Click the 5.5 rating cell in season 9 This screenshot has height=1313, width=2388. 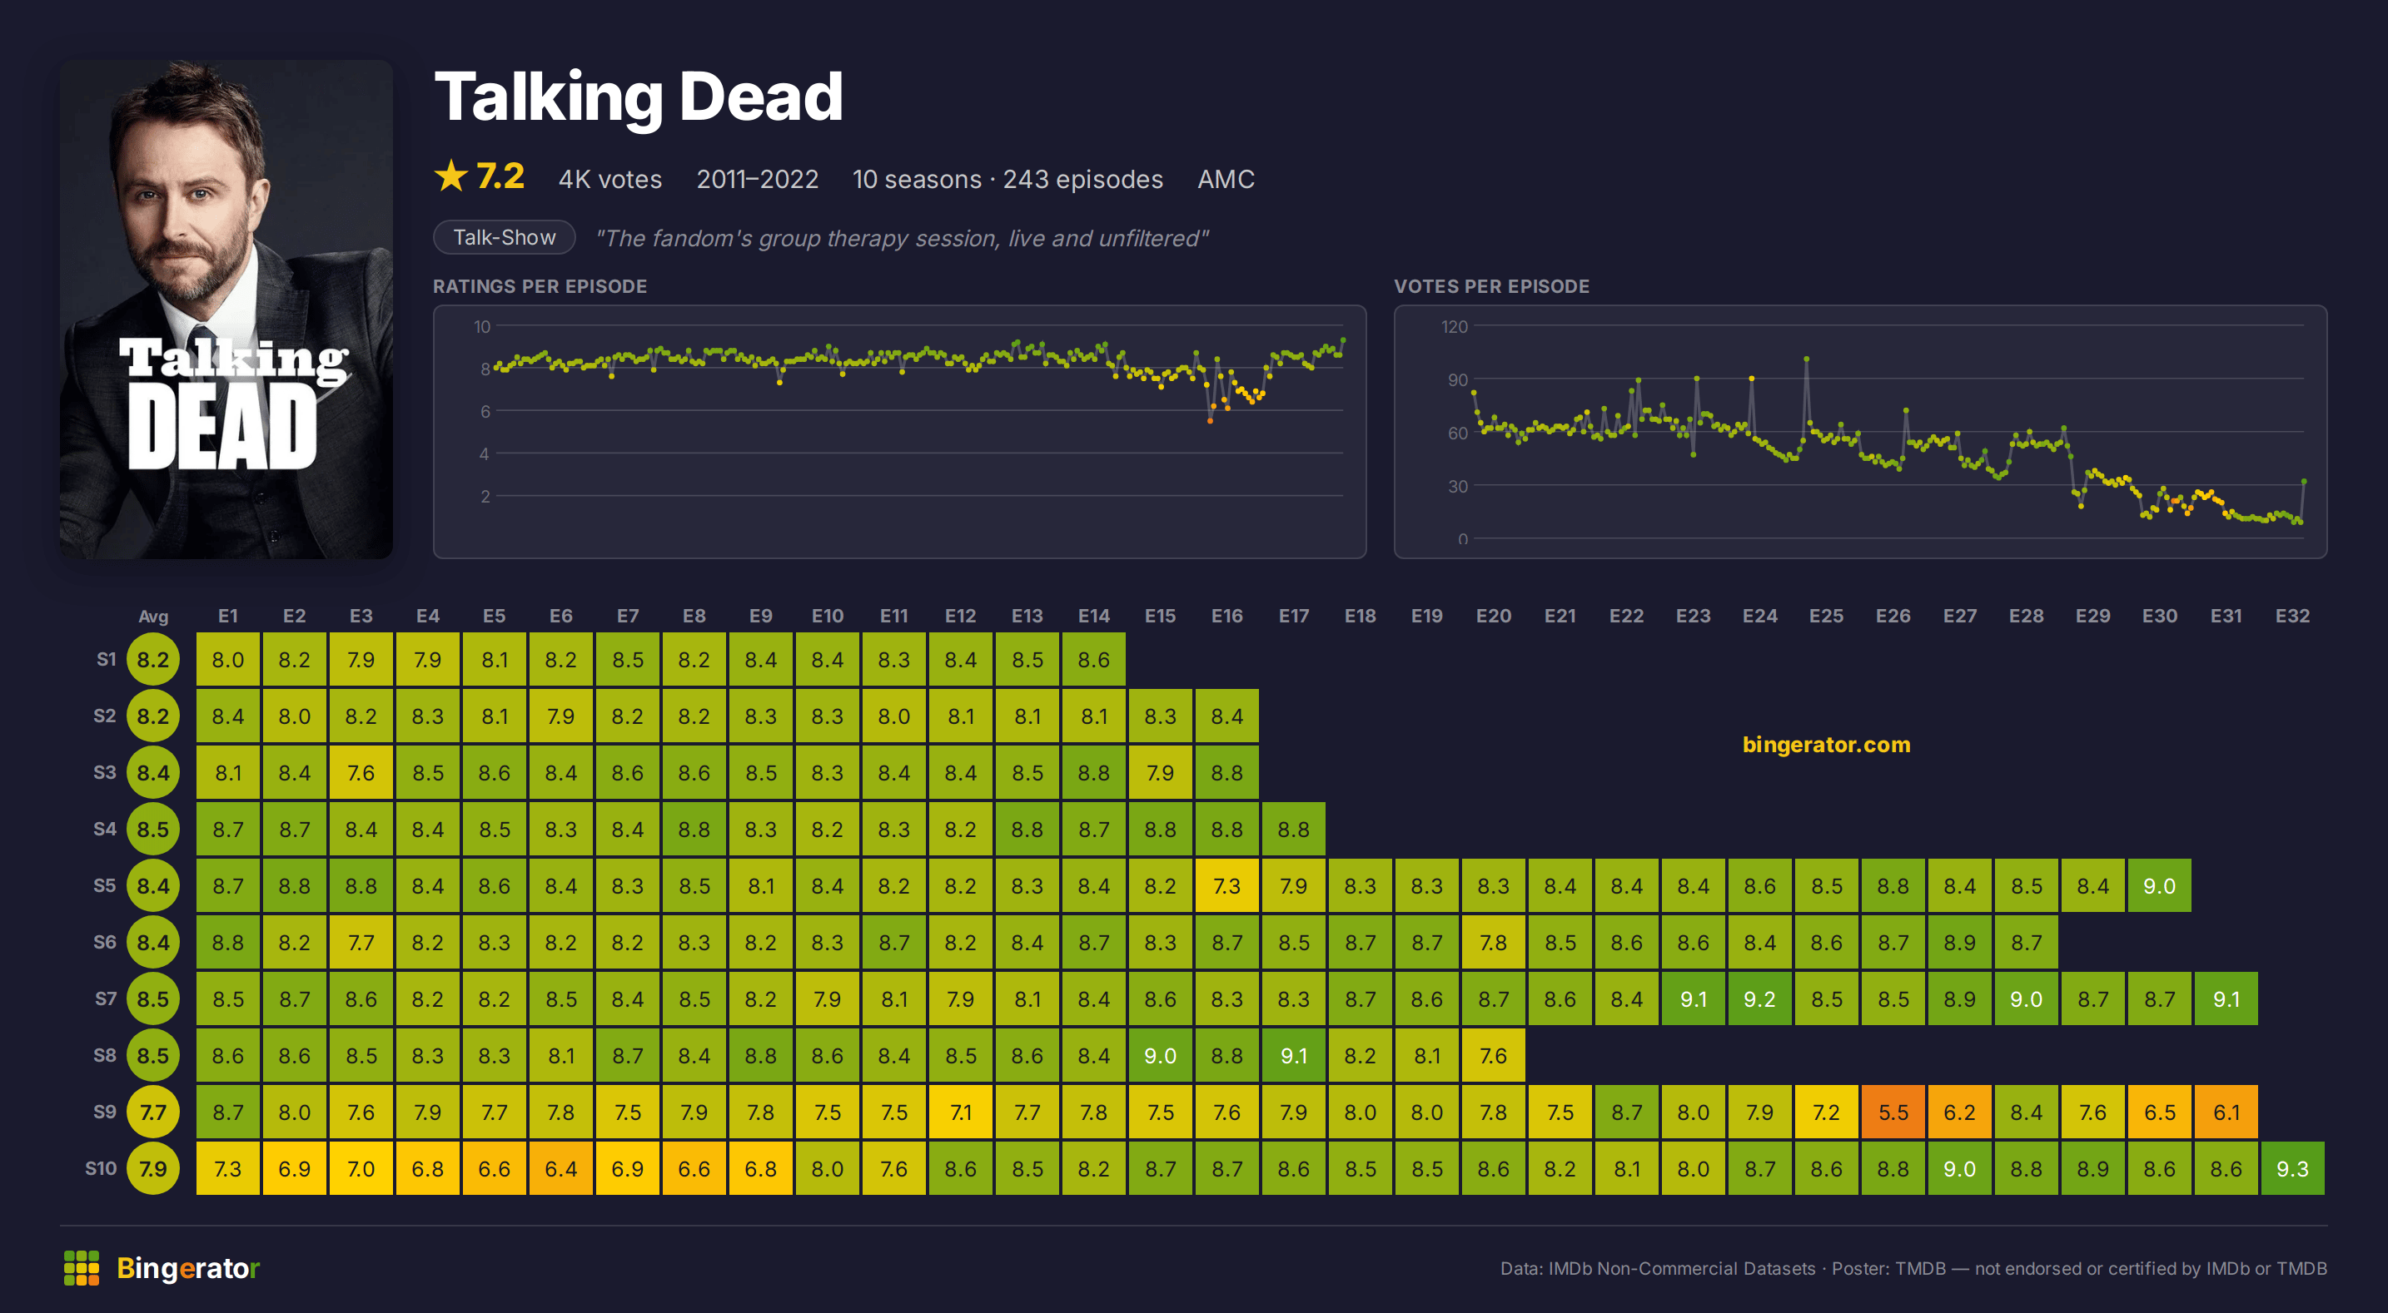pyautogui.click(x=1893, y=1112)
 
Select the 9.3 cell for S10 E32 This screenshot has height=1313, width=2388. pyautogui.click(x=2292, y=1168)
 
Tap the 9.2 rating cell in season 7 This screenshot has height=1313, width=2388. pyautogui.click(x=1759, y=998)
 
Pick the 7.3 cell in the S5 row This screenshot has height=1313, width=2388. pyautogui.click(x=1226, y=886)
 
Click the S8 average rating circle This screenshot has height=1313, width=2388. pyautogui.click(x=153, y=1055)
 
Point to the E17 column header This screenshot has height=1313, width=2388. pyautogui.click(x=1293, y=617)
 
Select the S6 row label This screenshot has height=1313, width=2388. pyautogui.click(x=105, y=943)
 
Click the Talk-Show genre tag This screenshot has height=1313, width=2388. pyautogui.click(x=505, y=237)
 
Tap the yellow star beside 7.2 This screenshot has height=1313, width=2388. pyautogui.click(x=451, y=176)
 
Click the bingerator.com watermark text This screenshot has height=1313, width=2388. pyautogui.click(x=1826, y=744)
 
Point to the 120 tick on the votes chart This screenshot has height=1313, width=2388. pyautogui.click(x=1454, y=326)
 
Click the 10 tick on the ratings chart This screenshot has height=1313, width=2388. pyautogui.click(x=482, y=326)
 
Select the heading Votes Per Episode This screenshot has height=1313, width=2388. pyautogui.click(x=1491, y=286)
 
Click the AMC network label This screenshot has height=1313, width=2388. pyautogui.click(x=1226, y=179)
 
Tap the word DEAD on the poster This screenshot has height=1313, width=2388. pyautogui.click(x=222, y=427)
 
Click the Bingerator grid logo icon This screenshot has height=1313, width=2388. pyautogui.click(x=82, y=1267)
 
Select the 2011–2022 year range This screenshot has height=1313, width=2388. pyautogui.click(x=758, y=179)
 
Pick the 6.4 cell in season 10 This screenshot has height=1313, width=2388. pyautogui.click(x=561, y=1168)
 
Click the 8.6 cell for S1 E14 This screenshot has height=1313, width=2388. pyautogui.click(x=1094, y=660)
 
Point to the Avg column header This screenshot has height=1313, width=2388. pyautogui.click(x=153, y=617)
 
